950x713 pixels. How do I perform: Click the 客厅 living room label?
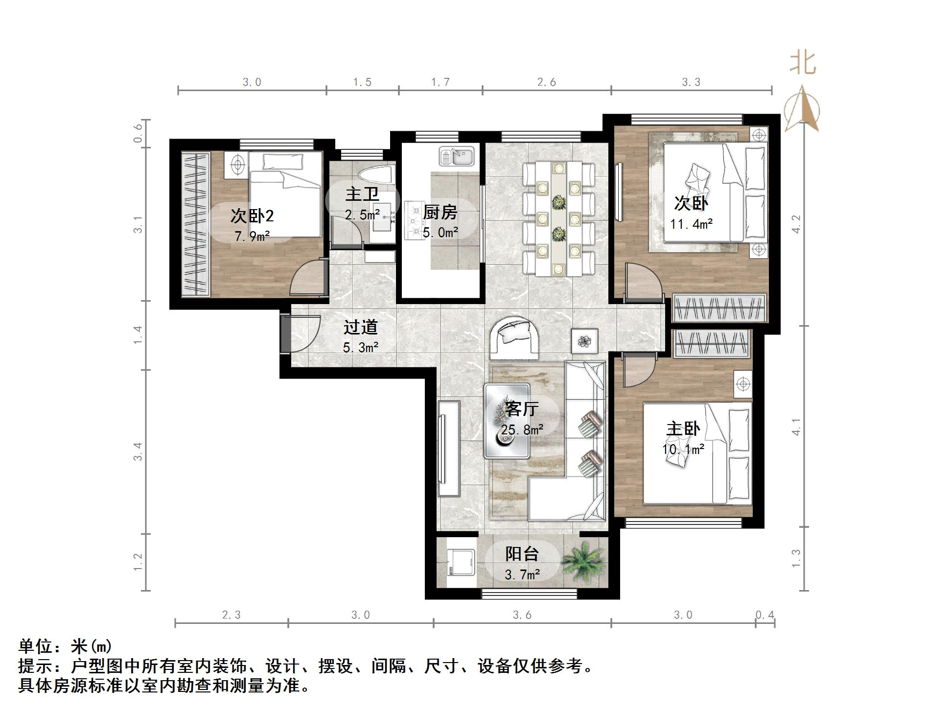click(522, 409)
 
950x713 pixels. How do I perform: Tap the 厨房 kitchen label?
click(440, 213)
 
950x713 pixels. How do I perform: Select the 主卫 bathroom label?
click(362, 194)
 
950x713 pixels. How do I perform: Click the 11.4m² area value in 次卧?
click(691, 224)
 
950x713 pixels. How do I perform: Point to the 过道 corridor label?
click(361, 327)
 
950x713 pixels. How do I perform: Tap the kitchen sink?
click(457, 157)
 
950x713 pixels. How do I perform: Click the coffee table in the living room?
click(507, 421)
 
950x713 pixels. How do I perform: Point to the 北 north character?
click(803, 64)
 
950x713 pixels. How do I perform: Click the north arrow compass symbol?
click(802, 110)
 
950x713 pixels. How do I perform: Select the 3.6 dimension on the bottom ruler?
click(522, 615)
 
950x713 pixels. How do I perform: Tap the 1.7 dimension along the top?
click(440, 82)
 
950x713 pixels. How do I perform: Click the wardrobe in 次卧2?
click(195, 224)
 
